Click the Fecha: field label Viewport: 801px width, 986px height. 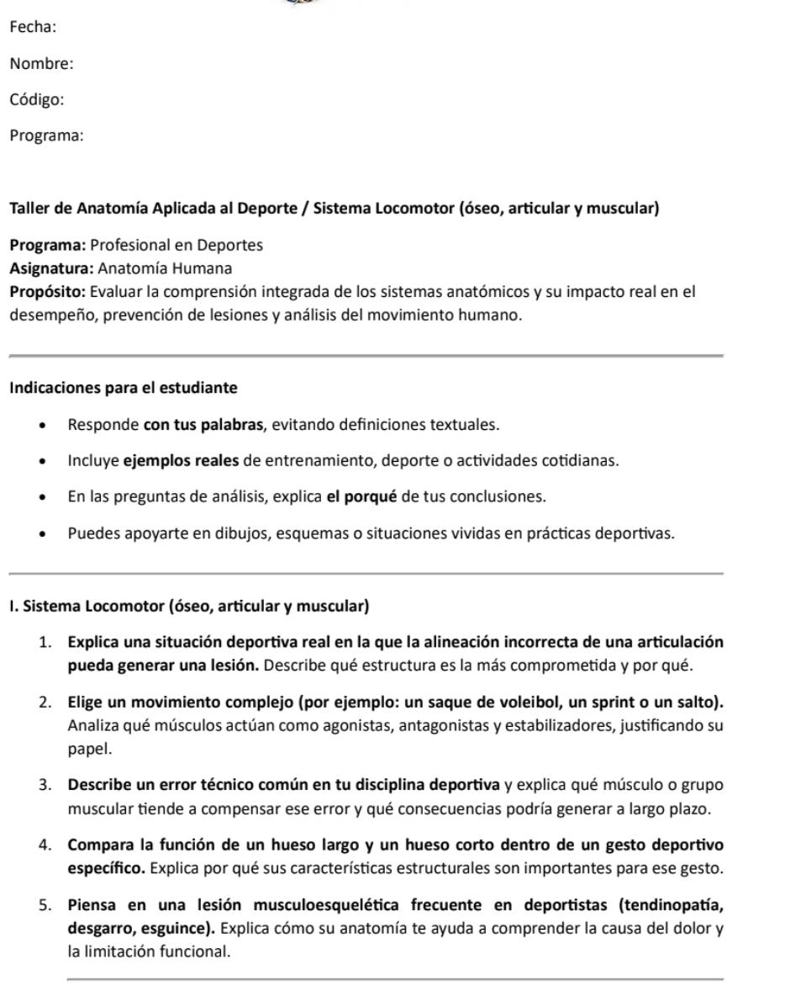point(33,28)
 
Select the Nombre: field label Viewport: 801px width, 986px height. point(41,63)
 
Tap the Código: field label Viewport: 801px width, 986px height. point(38,99)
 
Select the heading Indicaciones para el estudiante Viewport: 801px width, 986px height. point(123,389)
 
